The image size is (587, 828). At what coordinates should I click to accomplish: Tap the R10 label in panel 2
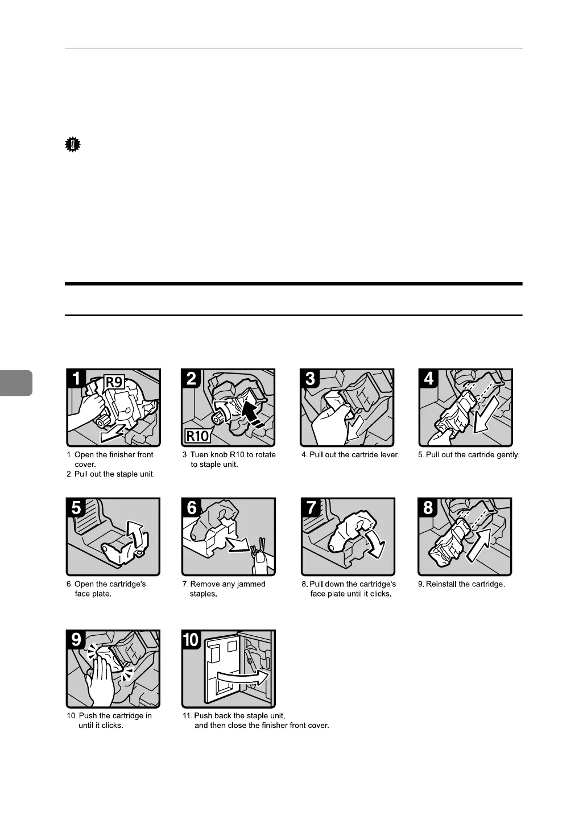coord(197,437)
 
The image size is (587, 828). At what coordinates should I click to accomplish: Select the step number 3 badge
coord(311,378)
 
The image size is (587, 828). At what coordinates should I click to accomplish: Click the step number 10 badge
coord(192,639)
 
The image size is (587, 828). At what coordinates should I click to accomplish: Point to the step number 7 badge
coord(311,507)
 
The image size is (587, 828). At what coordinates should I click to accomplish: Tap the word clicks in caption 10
coord(112,726)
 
